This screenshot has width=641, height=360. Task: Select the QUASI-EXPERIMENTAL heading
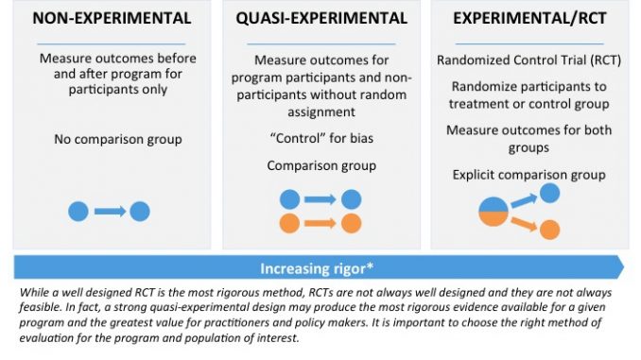320,18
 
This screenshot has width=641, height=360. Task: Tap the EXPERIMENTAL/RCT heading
529,18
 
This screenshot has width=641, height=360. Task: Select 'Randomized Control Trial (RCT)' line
529,60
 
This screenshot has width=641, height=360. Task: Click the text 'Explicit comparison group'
529,174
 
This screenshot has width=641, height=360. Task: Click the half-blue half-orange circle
494,213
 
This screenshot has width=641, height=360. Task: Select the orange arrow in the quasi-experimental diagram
320,224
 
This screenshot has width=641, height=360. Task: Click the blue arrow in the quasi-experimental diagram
320,199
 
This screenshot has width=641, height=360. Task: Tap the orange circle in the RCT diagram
548,229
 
